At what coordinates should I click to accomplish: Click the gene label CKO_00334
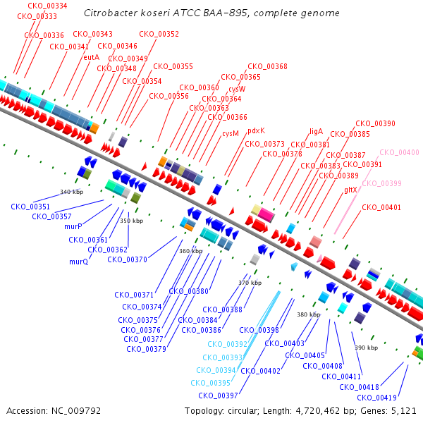point(47,6)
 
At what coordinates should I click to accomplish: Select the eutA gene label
point(92,57)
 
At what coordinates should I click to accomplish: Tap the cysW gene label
point(237,89)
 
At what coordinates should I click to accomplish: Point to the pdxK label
point(257,131)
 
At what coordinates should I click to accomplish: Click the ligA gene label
point(316,131)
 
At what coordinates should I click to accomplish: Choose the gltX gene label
point(350,190)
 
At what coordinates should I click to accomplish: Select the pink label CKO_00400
point(399,152)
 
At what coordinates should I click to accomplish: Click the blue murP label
point(73,226)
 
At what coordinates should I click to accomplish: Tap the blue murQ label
point(79,262)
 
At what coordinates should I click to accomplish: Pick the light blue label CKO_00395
point(210,383)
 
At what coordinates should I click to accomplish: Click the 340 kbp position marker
point(71,192)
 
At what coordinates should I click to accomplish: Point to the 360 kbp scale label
point(191,251)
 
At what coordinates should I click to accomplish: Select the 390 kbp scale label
point(367,348)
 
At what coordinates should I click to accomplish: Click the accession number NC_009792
point(76,411)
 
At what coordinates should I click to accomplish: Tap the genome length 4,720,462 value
point(317,411)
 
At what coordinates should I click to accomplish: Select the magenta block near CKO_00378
point(266,214)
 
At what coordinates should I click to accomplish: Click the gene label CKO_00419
point(377,398)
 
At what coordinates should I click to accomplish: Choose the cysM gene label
point(231,133)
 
